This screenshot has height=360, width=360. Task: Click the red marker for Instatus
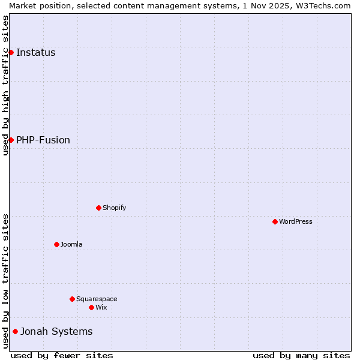coord(11,53)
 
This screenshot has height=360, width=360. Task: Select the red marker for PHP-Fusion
coord(11,140)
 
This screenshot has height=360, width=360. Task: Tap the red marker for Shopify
coord(98,208)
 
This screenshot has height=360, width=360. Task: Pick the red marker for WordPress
coord(275,221)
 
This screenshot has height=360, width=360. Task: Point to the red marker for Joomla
coord(56,244)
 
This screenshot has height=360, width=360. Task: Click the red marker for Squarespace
coord(72,299)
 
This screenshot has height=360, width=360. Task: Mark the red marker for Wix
coord(91,307)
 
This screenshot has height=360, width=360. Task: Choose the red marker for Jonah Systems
coord(15,331)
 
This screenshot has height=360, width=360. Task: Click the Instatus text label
coord(35,53)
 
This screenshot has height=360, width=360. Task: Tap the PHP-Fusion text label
coord(43,140)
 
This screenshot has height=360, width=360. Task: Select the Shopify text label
coord(114,208)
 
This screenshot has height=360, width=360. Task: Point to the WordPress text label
coord(295,221)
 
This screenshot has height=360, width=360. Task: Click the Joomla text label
coord(71,244)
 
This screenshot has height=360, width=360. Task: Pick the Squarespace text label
coord(97,299)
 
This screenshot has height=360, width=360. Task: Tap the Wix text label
coord(101,307)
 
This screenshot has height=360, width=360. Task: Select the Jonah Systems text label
coord(56,331)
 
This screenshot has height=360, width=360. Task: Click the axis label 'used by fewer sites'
coord(62,355)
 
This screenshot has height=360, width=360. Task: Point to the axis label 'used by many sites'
coord(301,355)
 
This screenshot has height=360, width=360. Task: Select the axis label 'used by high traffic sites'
coord(5,85)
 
